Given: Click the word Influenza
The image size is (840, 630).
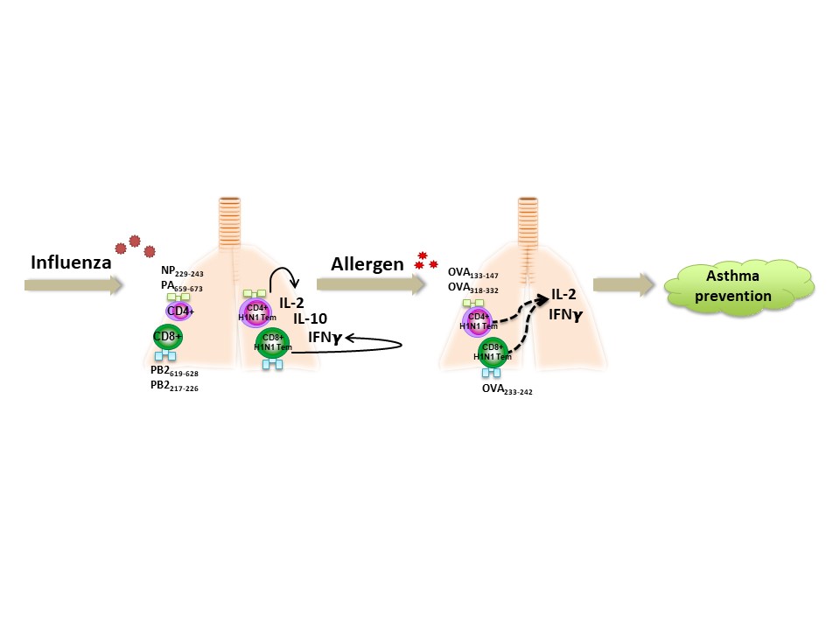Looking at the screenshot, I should [x=70, y=262].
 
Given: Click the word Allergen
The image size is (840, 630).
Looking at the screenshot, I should [x=367, y=263].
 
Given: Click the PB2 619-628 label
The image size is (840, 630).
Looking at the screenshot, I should [x=174, y=373].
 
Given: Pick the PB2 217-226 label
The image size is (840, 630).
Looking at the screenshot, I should [x=174, y=387].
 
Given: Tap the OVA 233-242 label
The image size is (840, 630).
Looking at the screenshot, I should [x=507, y=391].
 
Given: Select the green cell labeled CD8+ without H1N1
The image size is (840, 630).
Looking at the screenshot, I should [x=166, y=337].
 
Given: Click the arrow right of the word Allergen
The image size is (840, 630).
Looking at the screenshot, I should [x=370, y=283].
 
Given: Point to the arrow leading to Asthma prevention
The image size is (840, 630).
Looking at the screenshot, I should [x=624, y=283].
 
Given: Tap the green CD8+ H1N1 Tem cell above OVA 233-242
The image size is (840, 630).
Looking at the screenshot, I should [x=493, y=352].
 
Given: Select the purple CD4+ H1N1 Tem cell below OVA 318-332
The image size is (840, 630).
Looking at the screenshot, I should [x=477, y=321].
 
